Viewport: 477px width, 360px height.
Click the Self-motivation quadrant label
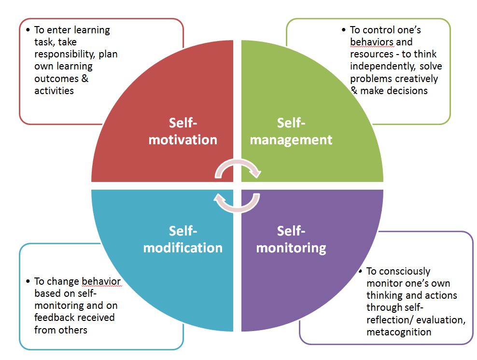[183, 131]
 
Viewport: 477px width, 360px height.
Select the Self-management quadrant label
[291, 131]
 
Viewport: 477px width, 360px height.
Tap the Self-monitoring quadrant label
[291, 239]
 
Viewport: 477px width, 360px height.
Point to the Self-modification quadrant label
[183, 239]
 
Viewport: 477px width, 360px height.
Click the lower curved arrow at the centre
[237, 203]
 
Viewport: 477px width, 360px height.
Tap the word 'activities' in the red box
[54, 90]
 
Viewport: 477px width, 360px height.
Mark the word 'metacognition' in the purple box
[399, 332]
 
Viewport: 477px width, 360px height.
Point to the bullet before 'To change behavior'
[28, 281]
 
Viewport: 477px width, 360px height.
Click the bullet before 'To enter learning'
[28, 29]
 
